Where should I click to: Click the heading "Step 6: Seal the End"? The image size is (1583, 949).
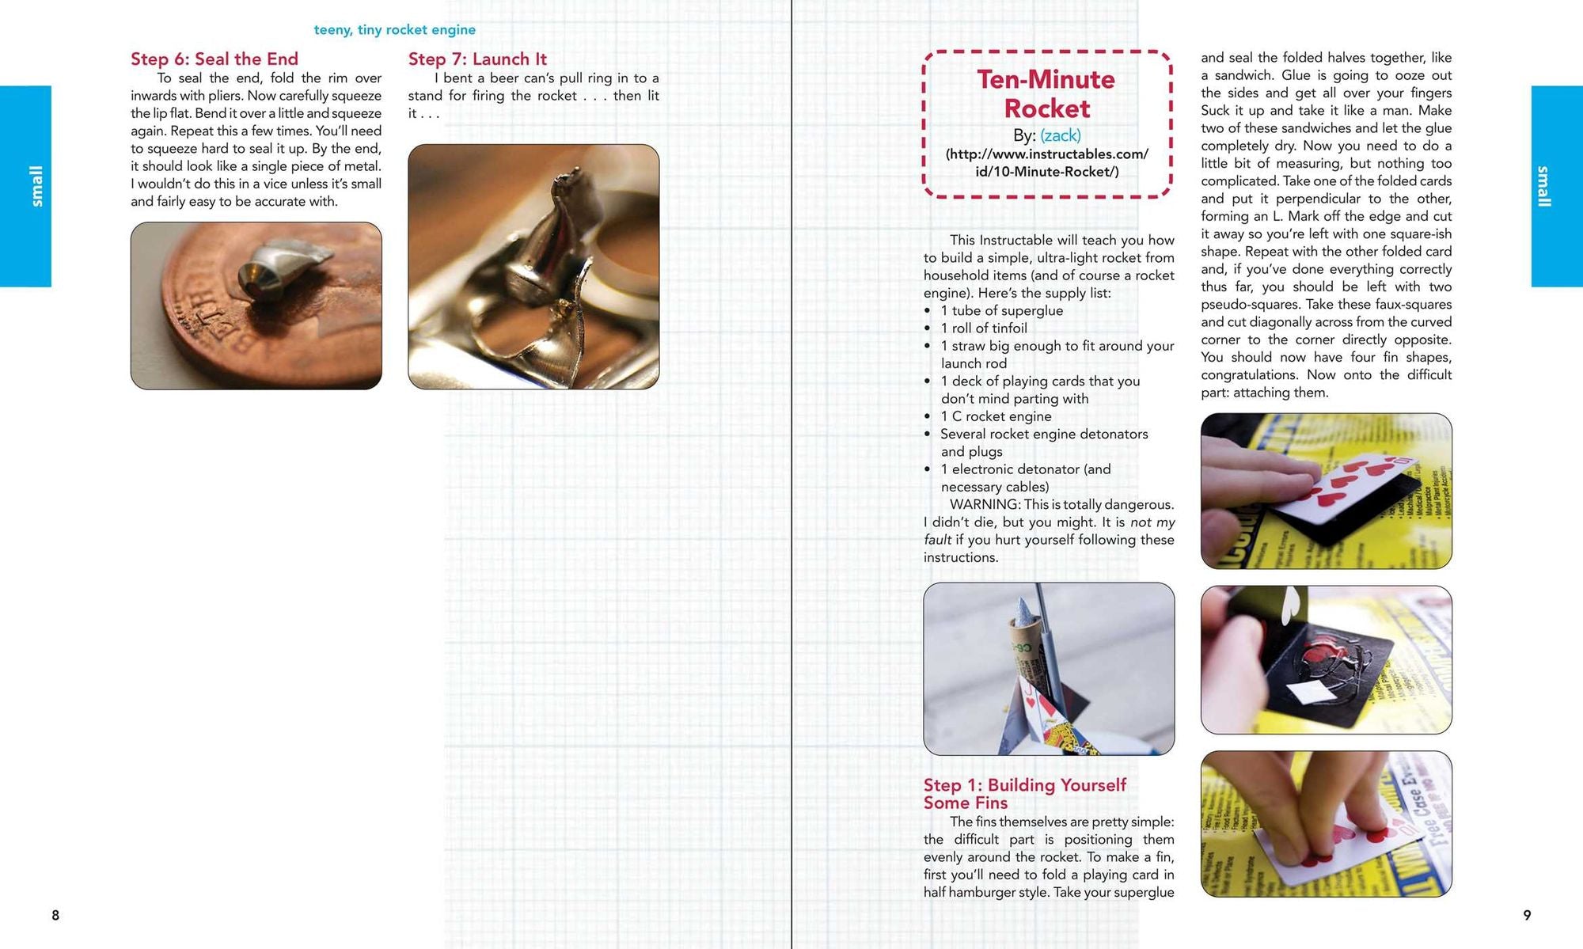click(214, 59)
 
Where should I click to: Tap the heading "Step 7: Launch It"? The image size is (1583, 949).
click(477, 59)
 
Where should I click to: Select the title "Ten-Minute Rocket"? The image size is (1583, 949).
click(1046, 93)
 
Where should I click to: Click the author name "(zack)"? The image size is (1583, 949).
click(1061, 135)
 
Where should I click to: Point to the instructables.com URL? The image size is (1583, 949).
click(1047, 162)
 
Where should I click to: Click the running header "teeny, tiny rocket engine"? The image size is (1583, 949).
click(395, 30)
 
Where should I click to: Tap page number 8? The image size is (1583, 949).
click(55, 915)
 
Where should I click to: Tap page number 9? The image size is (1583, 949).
click(1527, 915)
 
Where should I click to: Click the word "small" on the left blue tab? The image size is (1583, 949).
click(36, 186)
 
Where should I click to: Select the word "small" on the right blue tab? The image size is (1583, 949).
click(1544, 186)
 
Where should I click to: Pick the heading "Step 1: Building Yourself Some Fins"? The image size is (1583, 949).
click(1025, 794)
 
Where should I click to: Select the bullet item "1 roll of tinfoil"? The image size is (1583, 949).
click(984, 328)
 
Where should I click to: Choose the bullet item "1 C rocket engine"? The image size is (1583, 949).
click(996, 416)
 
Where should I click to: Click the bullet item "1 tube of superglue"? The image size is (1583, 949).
click(1002, 311)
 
